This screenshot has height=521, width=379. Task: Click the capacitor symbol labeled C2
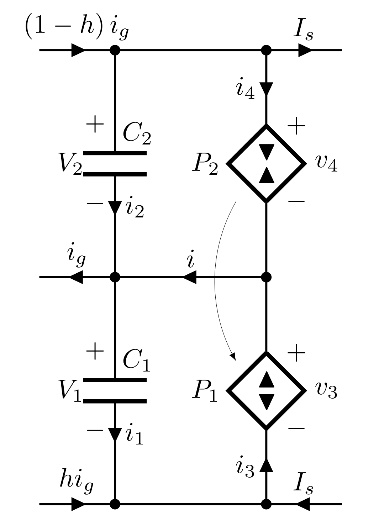coord(115,164)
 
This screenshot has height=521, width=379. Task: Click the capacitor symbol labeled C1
coord(115,390)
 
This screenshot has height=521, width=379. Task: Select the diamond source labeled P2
coord(266,164)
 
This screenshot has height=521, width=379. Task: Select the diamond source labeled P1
coord(266,390)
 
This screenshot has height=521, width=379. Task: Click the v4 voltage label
coord(326,164)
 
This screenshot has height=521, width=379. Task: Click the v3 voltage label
coord(326,390)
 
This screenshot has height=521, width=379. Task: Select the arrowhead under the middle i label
coord(190,277)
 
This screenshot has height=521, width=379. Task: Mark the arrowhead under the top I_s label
coord(305,50)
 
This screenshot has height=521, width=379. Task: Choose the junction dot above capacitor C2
coord(115,50)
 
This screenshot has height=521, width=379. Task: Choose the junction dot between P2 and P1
coord(266,277)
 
